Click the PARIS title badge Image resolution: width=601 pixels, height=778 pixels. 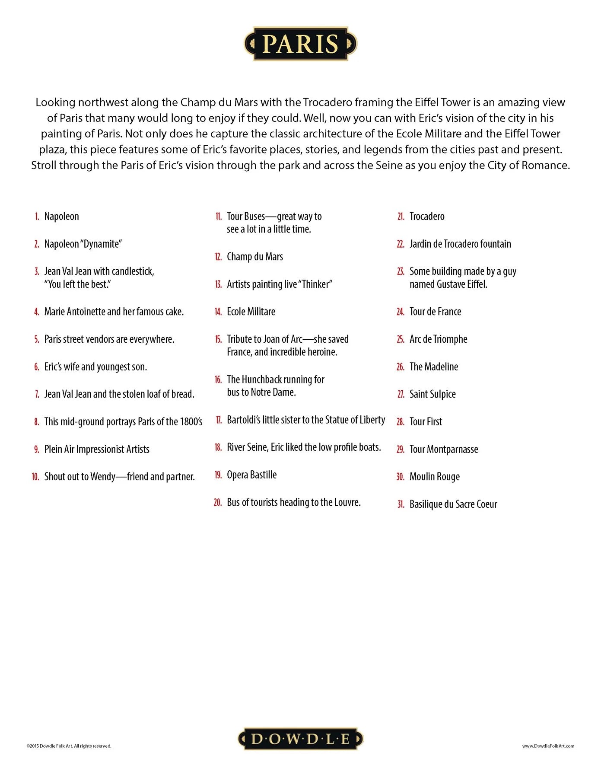coord(300,44)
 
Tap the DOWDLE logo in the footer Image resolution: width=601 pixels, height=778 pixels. coord(300,739)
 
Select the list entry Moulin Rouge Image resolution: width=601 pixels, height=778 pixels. coord(434,477)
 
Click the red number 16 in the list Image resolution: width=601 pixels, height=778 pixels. coord(218,380)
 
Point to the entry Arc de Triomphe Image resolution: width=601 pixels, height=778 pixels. coord(438,339)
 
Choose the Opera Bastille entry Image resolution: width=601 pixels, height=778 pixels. coord(251,475)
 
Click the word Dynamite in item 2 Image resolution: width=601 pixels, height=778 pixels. coord(101,244)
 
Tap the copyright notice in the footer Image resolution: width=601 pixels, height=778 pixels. coord(69,746)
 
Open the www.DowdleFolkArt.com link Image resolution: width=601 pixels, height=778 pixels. coord(548,746)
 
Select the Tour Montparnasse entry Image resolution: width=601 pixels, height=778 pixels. coord(444,450)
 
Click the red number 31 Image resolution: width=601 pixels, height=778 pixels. coord(401,504)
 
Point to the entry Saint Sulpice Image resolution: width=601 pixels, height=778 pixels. coord(432,394)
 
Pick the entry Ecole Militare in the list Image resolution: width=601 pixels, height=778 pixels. coord(251,312)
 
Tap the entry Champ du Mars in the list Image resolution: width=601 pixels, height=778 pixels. coord(255,257)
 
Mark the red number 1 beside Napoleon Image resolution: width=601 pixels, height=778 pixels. coord(37,217)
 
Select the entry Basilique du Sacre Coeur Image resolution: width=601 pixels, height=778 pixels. coord(453,504)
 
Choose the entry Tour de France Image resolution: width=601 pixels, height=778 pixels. coord(435,312)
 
